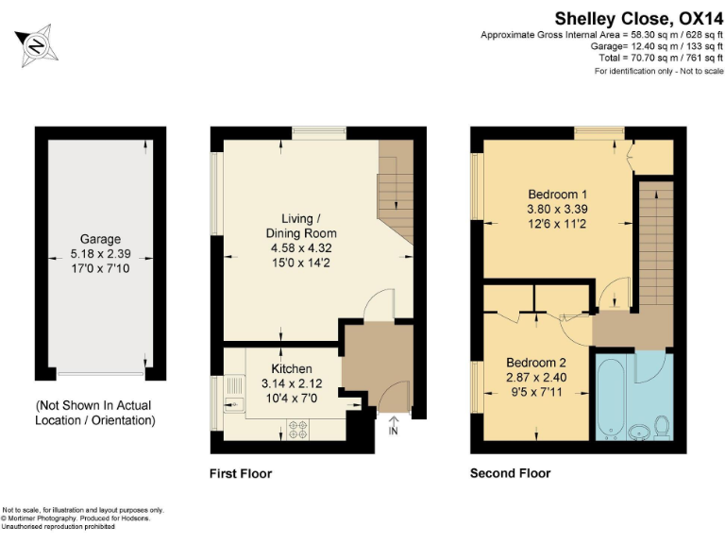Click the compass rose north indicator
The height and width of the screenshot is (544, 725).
[38, 44]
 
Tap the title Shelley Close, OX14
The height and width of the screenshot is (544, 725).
[639, 17]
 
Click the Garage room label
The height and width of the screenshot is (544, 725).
[100, 240]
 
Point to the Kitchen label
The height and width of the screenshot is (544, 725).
[292, 368]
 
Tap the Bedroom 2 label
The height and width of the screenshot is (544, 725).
[536, 363]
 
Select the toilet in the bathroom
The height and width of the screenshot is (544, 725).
[661, 426]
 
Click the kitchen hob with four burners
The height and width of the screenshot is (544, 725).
[300, 428]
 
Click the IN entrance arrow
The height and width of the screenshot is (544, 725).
[394, 426]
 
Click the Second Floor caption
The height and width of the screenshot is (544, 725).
[510, 473]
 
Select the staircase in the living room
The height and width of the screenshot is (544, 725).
[396, 194]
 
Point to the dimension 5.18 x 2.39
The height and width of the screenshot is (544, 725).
[100, 253]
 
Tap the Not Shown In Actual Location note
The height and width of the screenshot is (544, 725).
[95, 413]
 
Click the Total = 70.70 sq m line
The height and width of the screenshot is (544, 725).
[660, 58]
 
